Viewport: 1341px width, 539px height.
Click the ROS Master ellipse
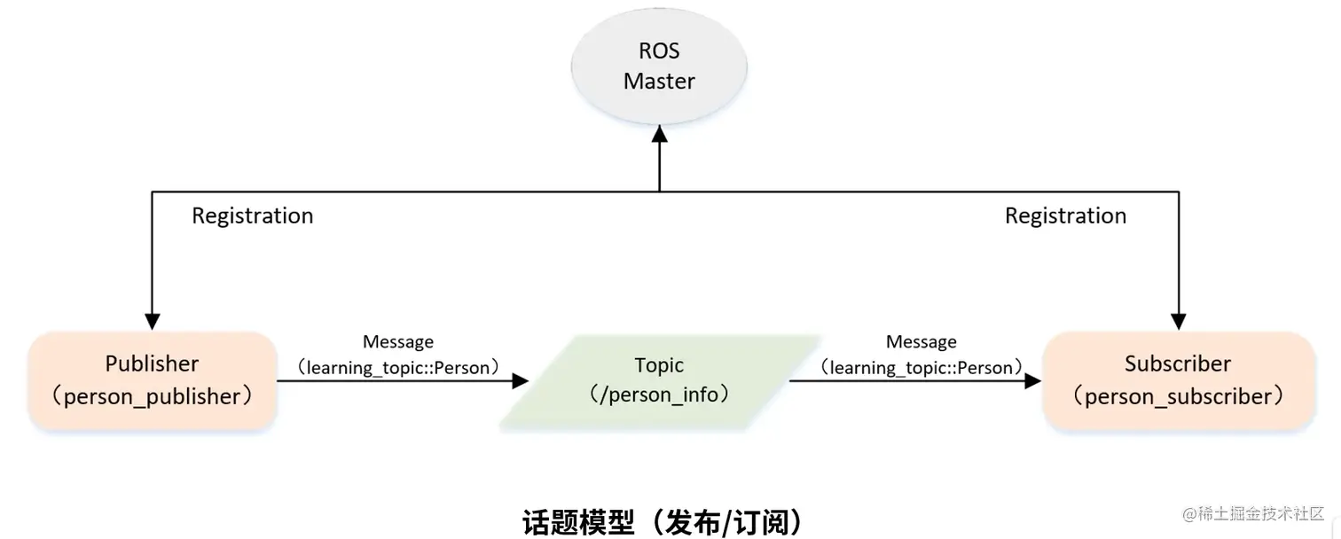[659, 66]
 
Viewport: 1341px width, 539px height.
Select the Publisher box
[153, 380]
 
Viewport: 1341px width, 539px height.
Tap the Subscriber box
[1178, 380]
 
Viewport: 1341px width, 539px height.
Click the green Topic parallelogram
[659, 380]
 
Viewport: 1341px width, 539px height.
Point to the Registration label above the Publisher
[253, 215]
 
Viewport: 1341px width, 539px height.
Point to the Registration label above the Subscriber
[1065, 215]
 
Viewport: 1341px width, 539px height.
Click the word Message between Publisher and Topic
[398, 342]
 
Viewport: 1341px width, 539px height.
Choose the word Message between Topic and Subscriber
[921, 342]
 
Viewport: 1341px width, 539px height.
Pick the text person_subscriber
[1178, 396]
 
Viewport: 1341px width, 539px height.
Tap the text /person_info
[659, 394]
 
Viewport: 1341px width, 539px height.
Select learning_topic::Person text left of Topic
[398, 367]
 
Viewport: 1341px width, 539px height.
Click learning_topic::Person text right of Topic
[921, 367]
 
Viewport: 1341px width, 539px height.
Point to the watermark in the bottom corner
[1250, 515]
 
